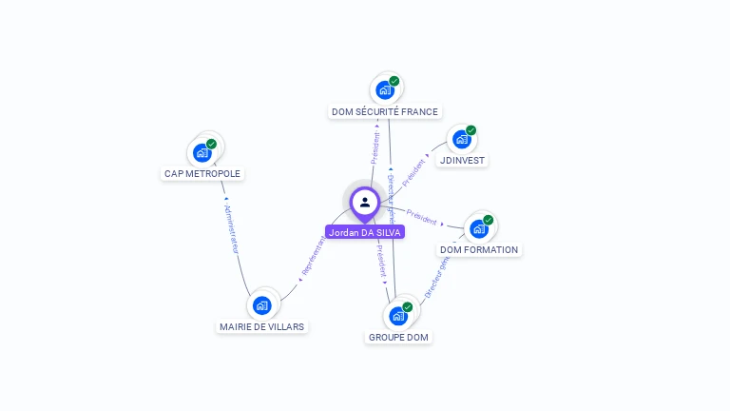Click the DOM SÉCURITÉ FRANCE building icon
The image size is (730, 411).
tap(385, 90)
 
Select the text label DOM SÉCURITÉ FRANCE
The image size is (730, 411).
tap(385, 112)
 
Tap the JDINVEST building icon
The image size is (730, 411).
tap(462, 139)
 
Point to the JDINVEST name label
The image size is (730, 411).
tap(463, 161)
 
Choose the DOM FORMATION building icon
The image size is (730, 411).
tap(479, 228)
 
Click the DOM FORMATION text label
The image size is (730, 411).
tap(479, 250)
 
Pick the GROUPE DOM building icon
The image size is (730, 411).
tap(398, 316)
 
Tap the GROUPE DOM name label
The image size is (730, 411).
tap(399, 338)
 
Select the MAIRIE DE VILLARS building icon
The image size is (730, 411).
tap(262, 305)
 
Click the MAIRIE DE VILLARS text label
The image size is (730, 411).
tap(262, 327)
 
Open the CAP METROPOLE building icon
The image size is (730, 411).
tap(202, 152)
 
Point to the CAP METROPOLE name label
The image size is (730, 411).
tap(202, 174)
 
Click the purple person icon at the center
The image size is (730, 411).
tap(365, 203)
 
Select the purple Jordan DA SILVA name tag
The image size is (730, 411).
tap(365, 232)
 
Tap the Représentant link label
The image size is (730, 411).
tap(312, 258)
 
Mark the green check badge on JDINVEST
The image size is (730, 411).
tap(471, 130)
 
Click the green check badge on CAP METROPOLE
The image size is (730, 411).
tap(212, 144)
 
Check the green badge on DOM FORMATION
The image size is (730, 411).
tap(489, 220)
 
